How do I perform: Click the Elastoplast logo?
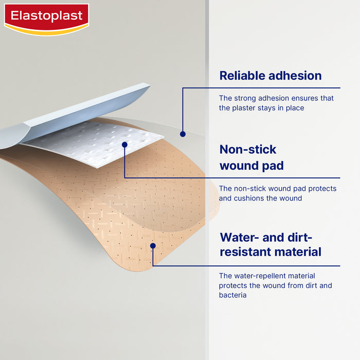46,19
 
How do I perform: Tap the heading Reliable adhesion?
270,76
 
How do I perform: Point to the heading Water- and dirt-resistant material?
270,244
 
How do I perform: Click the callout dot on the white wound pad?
124,145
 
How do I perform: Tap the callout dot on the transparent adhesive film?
183,134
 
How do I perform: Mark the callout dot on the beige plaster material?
153,246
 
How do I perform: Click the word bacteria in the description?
232,295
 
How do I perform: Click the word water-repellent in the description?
260,276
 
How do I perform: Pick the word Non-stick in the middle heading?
248,150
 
